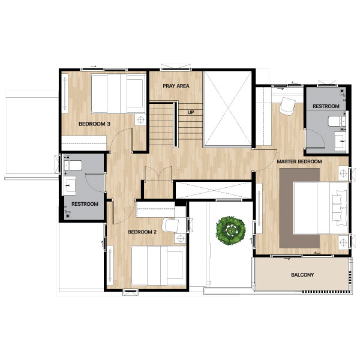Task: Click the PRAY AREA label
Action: pos(176,86)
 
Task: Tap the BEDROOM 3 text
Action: pos(94,124)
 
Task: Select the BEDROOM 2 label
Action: pos(142,232)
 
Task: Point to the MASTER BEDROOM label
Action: pos(299,161)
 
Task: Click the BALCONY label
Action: pos(302,275)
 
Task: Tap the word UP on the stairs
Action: pos(191,112)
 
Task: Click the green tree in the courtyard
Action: pos(231,230)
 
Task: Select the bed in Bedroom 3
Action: pos(118,94)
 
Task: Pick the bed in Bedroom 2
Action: pos(158,266)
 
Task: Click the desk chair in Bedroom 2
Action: pos(170,225)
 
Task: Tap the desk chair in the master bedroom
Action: pos(287,106)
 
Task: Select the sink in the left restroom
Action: pos(70,185)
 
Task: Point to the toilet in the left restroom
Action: pos(73,166)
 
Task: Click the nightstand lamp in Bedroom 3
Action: pos(140,119)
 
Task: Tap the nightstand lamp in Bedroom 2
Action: pos(180,239)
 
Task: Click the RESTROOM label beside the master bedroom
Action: pos(326,106)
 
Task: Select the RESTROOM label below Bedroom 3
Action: pos(85,204)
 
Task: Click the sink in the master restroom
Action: pos(340,141)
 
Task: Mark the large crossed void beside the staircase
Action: pos(228,109)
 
